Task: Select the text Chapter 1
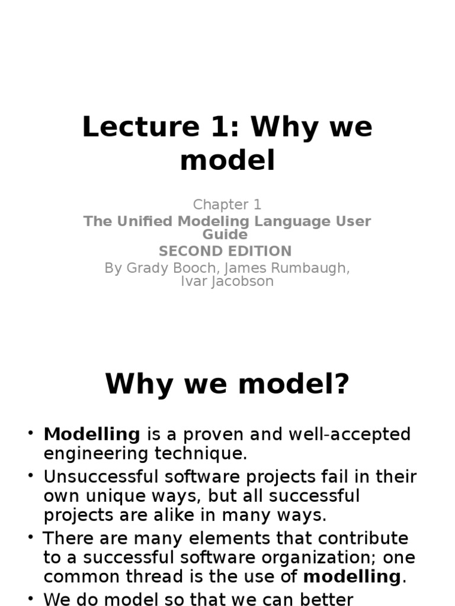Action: click(x=227, y=205)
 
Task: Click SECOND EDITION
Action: click(x=225, y=251)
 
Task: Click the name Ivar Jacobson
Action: click(x=227, y=281)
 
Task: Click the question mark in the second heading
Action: click(x=342, y=385)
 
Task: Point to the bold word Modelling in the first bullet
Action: click(x=92, y=434)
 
